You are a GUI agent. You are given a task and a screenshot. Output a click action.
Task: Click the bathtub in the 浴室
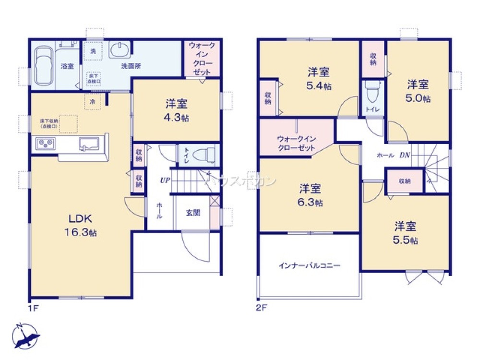pos(43,66)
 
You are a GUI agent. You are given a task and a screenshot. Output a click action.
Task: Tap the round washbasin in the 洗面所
pos(119,49)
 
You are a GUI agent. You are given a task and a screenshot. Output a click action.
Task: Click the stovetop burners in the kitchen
pos(45,144)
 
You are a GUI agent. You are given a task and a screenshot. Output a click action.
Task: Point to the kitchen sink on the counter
pos(90,143)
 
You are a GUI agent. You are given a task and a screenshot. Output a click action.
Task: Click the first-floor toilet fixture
pos(204,155)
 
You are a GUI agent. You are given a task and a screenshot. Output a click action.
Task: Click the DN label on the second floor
pos(404,155)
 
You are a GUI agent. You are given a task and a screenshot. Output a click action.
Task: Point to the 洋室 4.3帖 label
pos(176,110)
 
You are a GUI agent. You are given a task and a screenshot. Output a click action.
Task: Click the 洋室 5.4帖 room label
pos(318,79)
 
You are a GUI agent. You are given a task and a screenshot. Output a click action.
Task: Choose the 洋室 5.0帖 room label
pos(418,91)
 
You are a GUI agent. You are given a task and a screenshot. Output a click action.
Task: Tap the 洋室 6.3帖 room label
pos(311,195)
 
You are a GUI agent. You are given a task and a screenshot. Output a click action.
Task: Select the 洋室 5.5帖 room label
pos(406,232)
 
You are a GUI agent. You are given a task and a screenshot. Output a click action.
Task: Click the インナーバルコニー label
pos(310,265)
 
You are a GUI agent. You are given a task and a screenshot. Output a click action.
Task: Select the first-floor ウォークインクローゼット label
pos(202,58)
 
